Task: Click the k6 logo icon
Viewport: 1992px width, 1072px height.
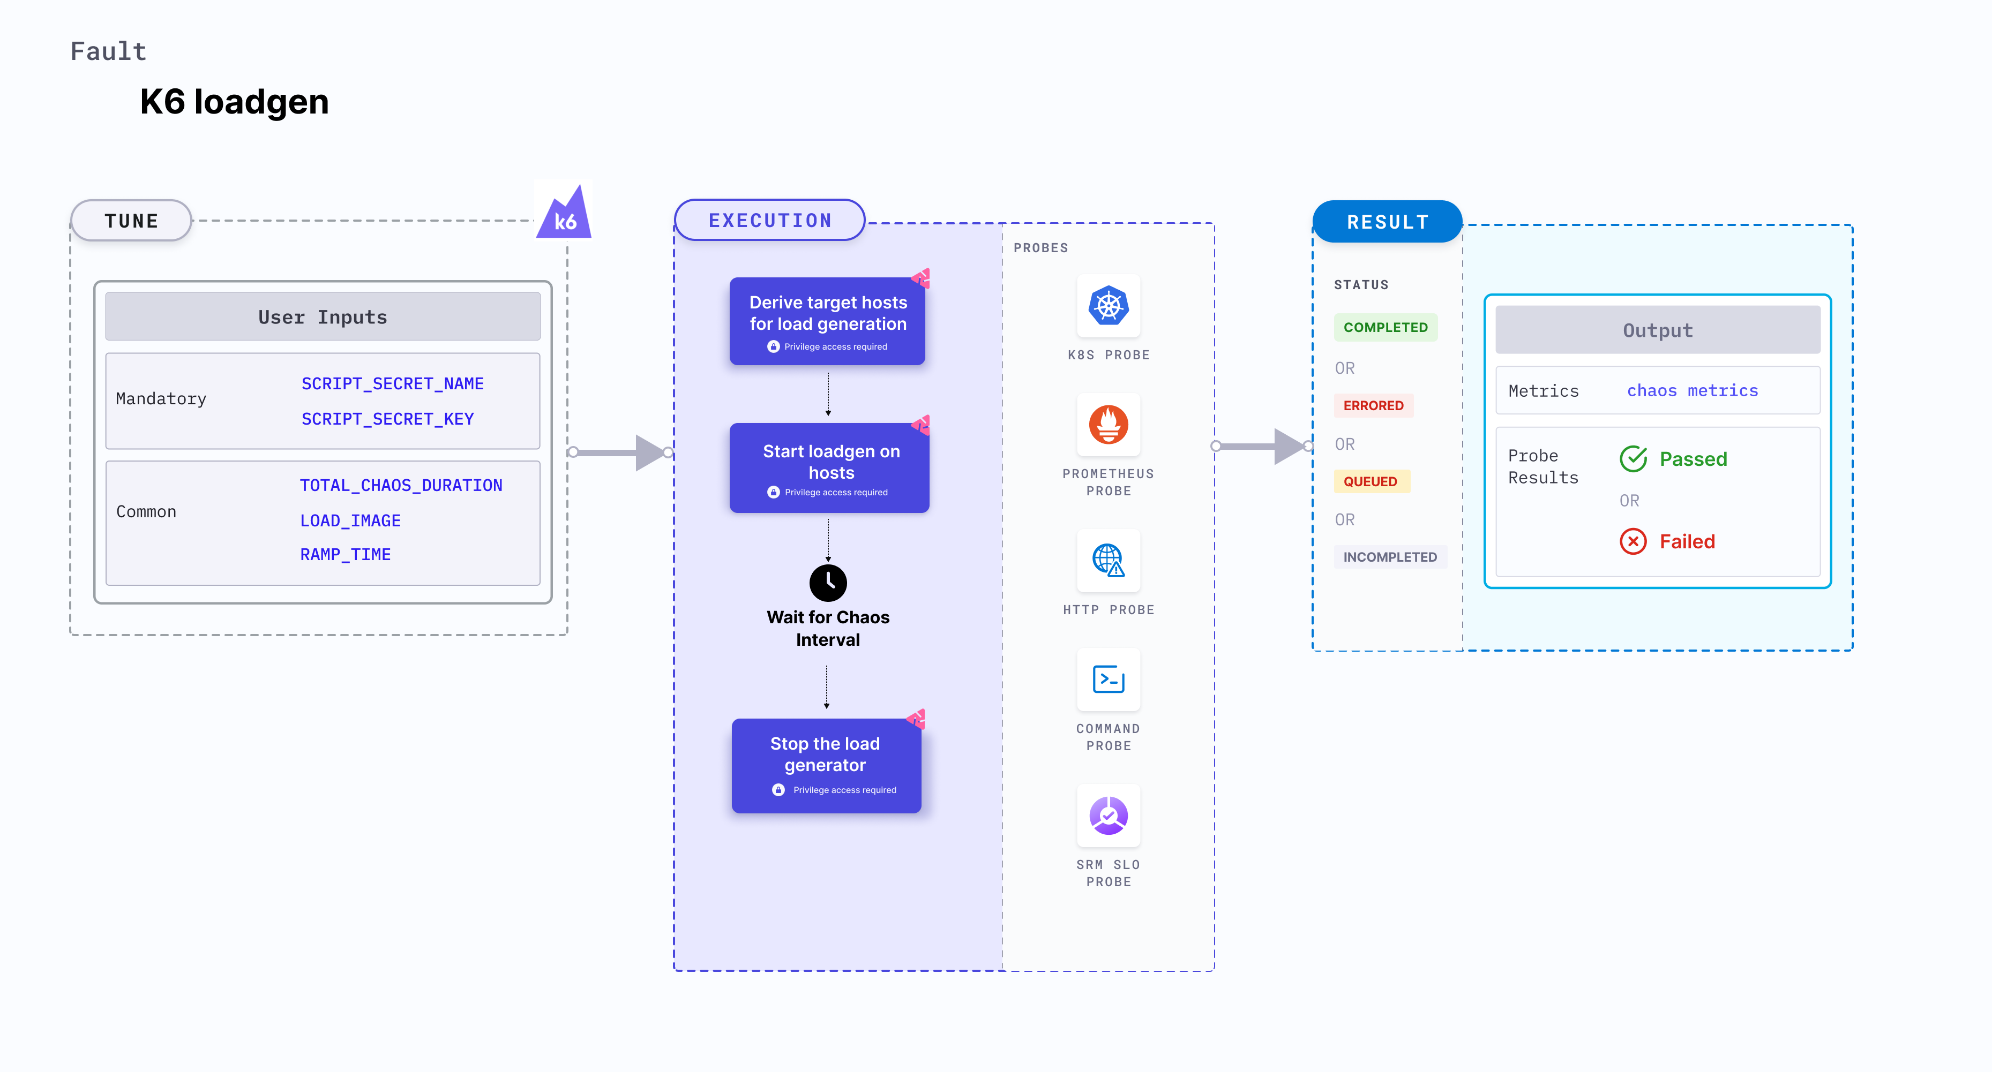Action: coord(564,212)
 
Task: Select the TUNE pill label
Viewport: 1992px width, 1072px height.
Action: coord(131,221)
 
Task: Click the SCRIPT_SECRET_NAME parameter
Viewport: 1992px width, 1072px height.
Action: coord(392,383)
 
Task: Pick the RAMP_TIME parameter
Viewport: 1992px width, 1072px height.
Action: coord(345,554)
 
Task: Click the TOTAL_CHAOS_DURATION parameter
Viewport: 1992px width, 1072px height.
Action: coord(401,485)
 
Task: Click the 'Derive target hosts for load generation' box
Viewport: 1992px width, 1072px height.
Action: coord(827,321)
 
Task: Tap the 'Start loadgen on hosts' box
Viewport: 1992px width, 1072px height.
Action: coord(829,467)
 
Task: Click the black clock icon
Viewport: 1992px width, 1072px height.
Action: coord(827,582)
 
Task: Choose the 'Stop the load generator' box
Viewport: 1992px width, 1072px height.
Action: coord(826,765)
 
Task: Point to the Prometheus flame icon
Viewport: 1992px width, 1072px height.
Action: coord(1108,424)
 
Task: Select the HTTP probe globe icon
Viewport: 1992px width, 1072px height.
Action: coord(1108,560)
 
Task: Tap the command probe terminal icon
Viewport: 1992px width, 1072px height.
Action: coord(1108,680)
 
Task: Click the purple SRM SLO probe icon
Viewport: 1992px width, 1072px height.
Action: coord(1108,816)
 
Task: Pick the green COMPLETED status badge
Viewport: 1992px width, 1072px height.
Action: coord(1385,327)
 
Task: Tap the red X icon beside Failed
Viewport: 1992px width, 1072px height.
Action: coord(1632,541)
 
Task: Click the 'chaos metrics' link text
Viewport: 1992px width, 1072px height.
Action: coord(1692,390)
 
